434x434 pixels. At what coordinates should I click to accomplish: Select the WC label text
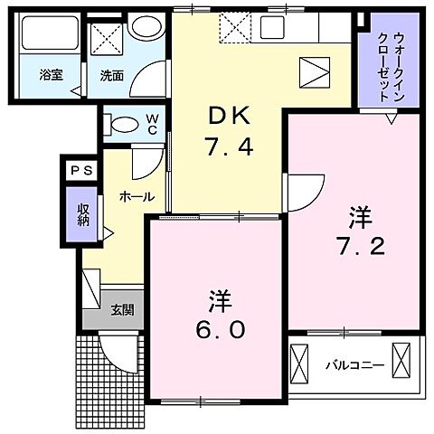coord(153,123)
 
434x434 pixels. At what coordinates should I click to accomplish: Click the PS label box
coord(76,169)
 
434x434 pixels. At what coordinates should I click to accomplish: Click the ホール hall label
coord(137,195)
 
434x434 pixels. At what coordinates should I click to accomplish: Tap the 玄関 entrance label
coord(123,310)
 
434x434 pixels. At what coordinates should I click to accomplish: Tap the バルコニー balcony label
coord(354,365)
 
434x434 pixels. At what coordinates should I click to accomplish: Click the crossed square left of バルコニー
coord(301,366)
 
